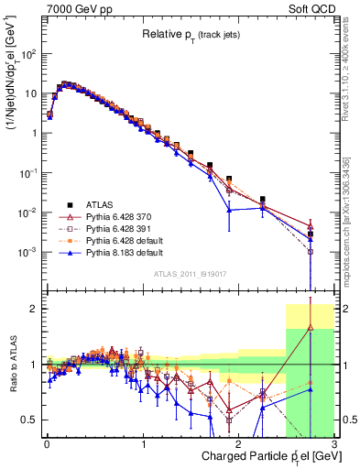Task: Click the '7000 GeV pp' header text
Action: click(75, 7)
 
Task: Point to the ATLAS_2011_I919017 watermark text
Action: click(190, 272)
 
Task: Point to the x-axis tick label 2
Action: click(238, 443)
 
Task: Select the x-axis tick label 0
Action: click(47, 443)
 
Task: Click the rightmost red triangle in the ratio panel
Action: click(311, 327)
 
